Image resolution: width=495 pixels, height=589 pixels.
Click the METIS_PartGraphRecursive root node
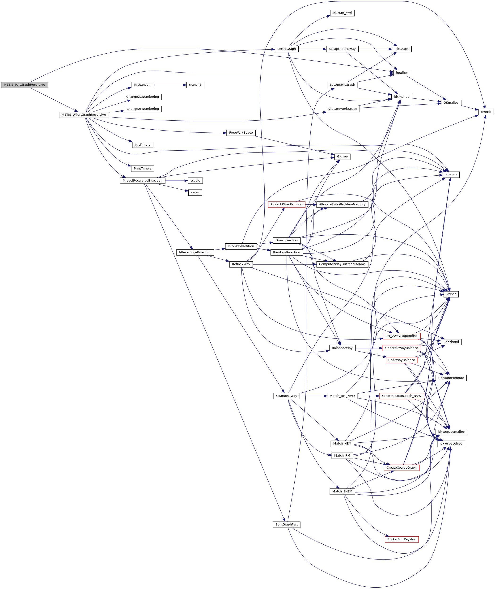(x=24, y=85)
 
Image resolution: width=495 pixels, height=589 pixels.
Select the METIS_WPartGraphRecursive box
(x=84, y=115)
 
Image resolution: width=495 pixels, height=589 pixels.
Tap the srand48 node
(x=195, y=85)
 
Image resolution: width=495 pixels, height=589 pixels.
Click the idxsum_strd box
(x=342, y=13)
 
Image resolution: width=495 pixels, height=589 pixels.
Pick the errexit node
(x=486, y=112)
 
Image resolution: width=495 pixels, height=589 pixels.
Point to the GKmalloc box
(x=451, y=103)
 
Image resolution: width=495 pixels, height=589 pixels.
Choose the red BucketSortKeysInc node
(x=401, y=539)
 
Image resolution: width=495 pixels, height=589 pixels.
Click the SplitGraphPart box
(x=287, y=525)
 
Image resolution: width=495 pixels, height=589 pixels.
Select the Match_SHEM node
(x=342, y=491)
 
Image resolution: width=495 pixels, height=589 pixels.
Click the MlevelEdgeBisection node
(x=195, y=252)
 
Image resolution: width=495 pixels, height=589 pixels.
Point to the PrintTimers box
(x=143, y=169)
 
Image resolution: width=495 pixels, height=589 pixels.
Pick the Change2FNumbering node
(x=143, y=109)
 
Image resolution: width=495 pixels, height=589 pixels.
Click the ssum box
(x=195, y=192)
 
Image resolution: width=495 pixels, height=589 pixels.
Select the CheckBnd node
(x=451, y=342)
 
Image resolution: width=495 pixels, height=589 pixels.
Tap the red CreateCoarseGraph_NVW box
(x=401, y=396)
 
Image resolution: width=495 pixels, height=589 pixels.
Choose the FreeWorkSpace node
(x=241, y=133)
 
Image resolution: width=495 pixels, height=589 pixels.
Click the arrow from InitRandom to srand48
(x=170, y=85)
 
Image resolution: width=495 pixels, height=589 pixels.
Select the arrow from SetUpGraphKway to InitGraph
(x=375, y=49)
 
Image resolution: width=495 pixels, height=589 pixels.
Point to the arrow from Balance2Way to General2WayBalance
(x=369, y=348)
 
